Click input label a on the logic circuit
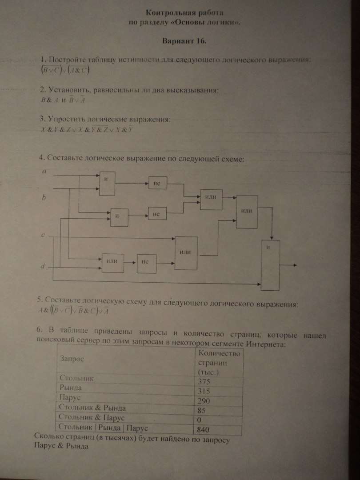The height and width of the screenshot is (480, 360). [x=44, y=171]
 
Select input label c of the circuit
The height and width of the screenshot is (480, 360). [x=43, y=235]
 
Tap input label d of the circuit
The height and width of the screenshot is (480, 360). [x=43, y=266]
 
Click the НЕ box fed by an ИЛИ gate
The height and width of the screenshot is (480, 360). [x=147, y=262]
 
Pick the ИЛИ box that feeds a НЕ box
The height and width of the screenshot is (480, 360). [x=112, y=261]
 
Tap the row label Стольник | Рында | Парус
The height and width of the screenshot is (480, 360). [x=103, y=428]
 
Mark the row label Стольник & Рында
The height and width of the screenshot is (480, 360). [x=92, y=408]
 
